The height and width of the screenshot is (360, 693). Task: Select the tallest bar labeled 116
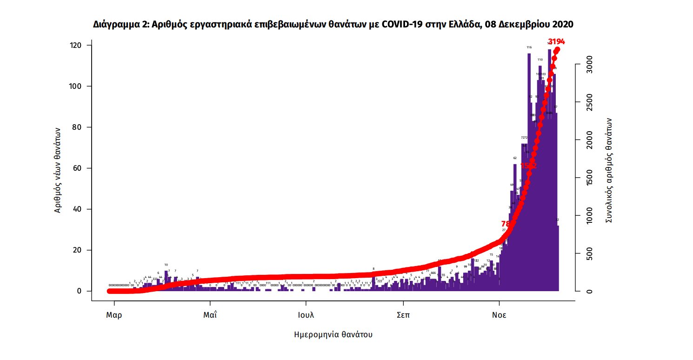point(529,172)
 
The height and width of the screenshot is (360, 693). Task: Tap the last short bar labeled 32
point(558,258)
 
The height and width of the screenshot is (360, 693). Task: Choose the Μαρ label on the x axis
point(114,315)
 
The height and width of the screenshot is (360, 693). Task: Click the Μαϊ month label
point(210,315)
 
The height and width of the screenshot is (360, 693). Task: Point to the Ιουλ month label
point(306,315)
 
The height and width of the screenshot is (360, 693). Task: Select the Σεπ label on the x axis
point(403,315)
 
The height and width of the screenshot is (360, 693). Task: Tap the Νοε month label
point(499,315)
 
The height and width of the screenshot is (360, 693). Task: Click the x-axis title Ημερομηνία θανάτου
point(333,334)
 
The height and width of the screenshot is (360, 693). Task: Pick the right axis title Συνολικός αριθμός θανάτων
point(608,170)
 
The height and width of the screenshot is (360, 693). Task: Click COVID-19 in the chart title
point(401,24)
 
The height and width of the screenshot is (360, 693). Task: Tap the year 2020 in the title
point(563,24)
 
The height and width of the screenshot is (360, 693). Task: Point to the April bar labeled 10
point(166,281)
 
